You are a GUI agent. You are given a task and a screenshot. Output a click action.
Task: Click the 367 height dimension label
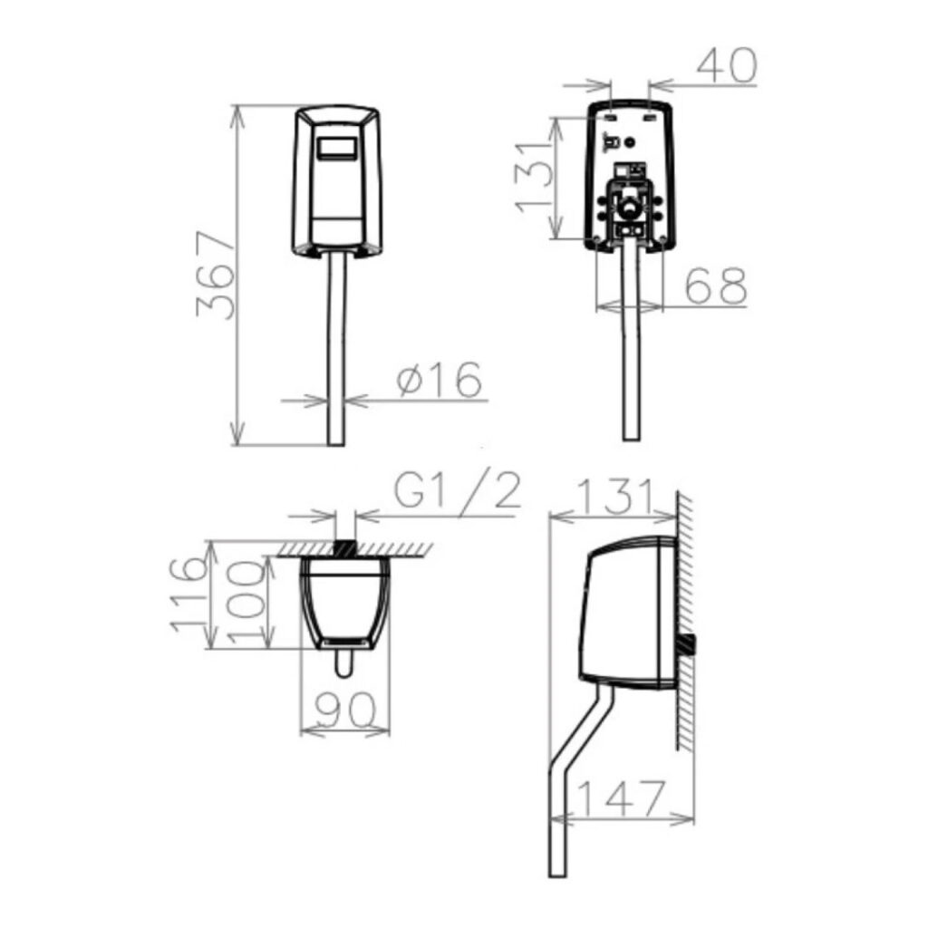(216, 275)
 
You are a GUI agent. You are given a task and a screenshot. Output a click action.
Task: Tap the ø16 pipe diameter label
(440, 380)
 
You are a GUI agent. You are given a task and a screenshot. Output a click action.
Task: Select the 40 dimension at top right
(727, 65)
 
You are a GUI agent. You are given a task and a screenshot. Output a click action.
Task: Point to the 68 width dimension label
(716, 286)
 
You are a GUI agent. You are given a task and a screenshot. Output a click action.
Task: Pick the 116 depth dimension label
(188, 594)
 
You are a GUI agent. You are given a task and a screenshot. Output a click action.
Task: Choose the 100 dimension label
(246, 603)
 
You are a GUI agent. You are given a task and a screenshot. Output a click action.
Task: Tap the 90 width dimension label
(345, 710)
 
